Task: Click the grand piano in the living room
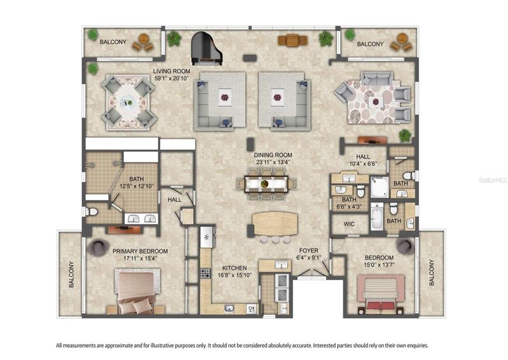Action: [x=207, y=48]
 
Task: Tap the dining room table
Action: [x=266, y=184]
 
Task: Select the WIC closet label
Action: [x=349, y=224]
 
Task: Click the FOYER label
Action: [x=308, y=251]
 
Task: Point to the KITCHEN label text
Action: [x=235, y=268]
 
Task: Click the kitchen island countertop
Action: [x=275, y=224]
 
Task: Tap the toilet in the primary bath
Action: [x=92, y=212]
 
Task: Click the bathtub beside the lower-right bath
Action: [x=376, y=216]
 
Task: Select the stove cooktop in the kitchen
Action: [x=205, y=273]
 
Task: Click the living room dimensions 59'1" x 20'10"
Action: [x=172, y=78]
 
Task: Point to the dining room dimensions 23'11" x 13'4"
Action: [x=273, y=162]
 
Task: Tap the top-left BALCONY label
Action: [x=113, y=42]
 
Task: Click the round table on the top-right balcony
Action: [x=402, y=38]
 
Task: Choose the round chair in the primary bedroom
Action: [x=96, y=247]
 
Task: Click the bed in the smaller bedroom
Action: [x=380, y=294]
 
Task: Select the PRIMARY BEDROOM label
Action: [x=140, y=251]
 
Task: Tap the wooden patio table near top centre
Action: [x=292, y=41]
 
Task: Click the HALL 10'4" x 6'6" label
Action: [x=363, y=160]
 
